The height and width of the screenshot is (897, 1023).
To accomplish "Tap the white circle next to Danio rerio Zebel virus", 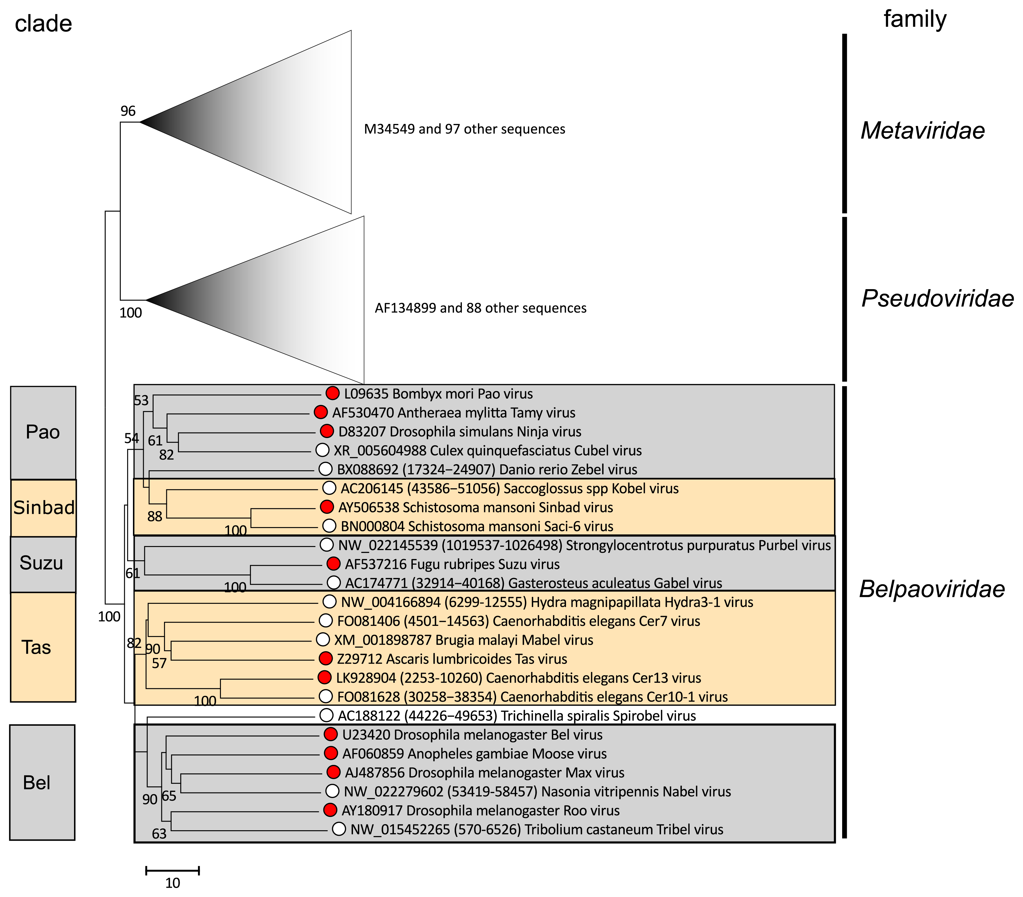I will click(325, 469).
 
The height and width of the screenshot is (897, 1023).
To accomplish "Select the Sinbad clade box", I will click(44, 507).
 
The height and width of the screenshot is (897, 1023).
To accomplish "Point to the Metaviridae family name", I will click(922, 131).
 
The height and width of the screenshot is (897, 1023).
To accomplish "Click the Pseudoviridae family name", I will click(937, 298).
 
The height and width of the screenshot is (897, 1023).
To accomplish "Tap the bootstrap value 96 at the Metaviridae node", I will click(128, 111).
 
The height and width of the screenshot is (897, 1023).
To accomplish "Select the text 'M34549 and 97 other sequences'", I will click(464, 129).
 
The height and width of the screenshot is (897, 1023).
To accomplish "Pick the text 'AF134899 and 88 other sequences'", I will click(480, 308).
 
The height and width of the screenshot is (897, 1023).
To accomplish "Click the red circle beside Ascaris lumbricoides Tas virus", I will click(325, 659).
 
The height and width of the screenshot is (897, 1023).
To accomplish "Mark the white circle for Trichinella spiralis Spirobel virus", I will click(326, 715).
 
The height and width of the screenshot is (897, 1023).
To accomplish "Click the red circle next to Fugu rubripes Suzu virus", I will click(333, 564).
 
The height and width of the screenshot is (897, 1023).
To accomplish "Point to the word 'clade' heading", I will click(44, 24).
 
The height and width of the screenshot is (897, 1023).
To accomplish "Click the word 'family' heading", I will click(915, 19).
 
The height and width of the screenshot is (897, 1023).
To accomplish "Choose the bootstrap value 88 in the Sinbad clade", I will click(155, 516).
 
